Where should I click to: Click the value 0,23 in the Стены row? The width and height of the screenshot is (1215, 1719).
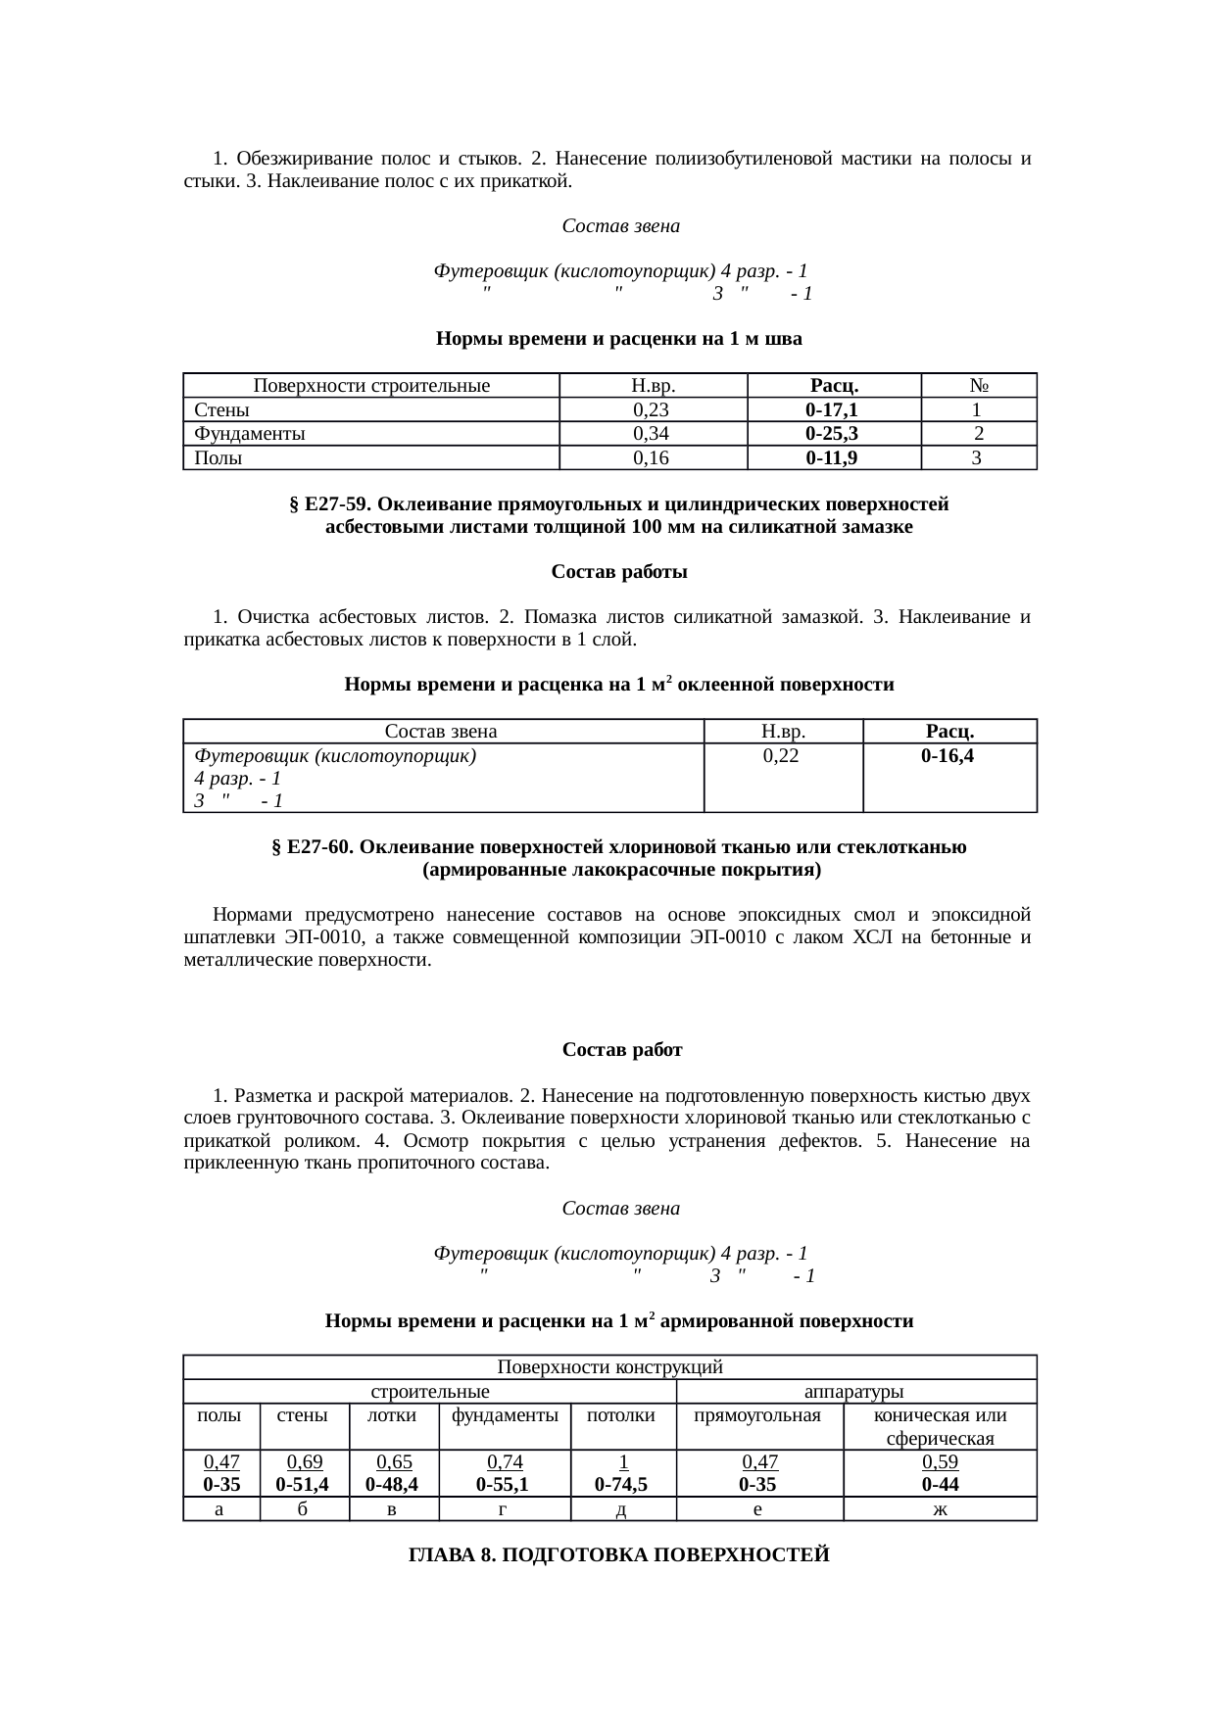point(651,409)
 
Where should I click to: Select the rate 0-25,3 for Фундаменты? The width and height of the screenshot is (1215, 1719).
point(832,434)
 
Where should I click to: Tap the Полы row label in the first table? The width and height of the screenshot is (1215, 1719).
point(219,457)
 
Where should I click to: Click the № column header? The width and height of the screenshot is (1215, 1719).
point(977,386)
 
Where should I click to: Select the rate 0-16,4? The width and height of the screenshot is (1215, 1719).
point(948,756)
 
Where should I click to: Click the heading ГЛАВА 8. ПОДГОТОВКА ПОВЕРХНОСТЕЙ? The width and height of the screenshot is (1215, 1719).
point(618,1555)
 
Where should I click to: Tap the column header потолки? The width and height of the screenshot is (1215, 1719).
point(622,1415)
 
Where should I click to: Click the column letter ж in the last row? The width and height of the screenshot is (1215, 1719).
point(939,1509)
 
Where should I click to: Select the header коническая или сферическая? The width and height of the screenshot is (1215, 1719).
point(939,1426)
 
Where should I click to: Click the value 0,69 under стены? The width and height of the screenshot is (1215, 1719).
point(304,1462)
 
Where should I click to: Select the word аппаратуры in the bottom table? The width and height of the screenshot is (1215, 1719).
point(853,1392)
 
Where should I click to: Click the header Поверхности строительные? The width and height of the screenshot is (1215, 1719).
point(370,386)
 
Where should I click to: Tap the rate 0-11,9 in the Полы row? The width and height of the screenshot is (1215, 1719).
point(832,457)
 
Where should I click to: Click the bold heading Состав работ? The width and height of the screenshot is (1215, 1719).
point(622,1050)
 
